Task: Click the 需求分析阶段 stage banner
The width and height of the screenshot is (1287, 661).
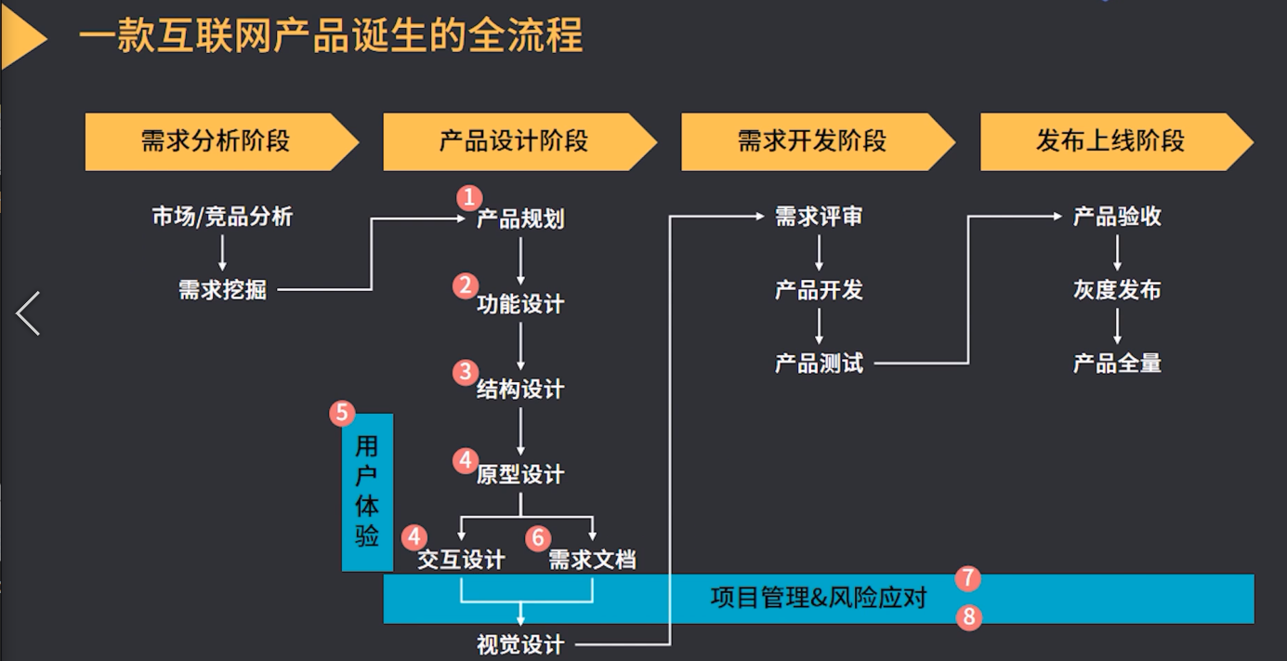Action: (x=216, y=141)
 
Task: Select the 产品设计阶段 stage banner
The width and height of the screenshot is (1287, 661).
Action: (x=514, y=141)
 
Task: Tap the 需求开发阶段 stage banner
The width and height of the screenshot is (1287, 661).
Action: (x=812, y=141)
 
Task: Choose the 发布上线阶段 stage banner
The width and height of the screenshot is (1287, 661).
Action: (x=1110, y=141)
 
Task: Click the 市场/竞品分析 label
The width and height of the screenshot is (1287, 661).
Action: (x=222, y=218)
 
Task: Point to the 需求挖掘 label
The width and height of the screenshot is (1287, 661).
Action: (x=222, y=290)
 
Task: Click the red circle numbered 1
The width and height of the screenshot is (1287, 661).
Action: (x=469, y=197)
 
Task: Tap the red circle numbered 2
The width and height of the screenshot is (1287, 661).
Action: (x=466, y=285)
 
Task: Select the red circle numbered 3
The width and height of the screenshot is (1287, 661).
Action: (x=466, y=372)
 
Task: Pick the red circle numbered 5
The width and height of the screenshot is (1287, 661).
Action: (x=343, y=413)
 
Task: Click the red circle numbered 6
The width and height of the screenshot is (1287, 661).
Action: (x=538, y=537)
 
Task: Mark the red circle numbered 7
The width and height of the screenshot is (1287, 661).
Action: (x=967, y=578)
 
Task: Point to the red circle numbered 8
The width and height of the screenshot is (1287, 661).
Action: (x=968, y=616)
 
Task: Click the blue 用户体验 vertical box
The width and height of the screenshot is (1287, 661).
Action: (x=367, y=491)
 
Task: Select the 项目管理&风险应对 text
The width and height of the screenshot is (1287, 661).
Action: (x=818, y=597)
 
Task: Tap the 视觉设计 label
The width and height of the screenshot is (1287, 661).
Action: (x=519, y=644)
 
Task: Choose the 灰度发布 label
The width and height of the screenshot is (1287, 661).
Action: (x=1117, y=290)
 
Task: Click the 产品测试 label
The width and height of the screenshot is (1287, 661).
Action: (x=819, y=363)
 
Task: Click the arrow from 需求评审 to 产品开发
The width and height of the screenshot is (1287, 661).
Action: (x=820, y=252)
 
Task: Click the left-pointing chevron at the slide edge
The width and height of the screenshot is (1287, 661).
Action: (x=29, y=313)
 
